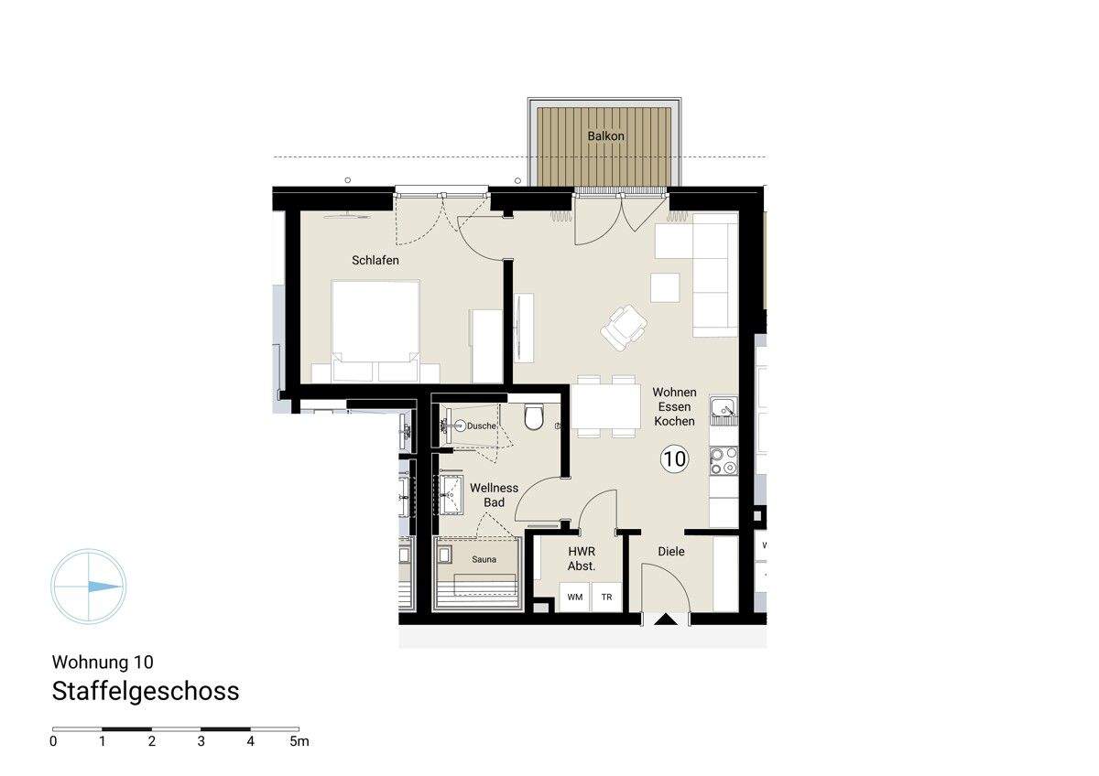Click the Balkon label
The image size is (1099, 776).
606,136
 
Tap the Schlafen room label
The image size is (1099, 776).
375,261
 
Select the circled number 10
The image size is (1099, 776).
674,458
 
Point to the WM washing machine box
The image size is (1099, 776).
575,598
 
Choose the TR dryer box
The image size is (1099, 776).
606,598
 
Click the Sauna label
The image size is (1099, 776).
484,559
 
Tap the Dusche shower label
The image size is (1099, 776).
481,426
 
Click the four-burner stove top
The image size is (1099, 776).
724,460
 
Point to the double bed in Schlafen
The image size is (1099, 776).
375,329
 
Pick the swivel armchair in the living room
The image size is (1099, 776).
625,326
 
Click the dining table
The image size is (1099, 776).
606,406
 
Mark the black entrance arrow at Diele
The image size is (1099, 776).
666,620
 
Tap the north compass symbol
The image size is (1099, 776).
89,587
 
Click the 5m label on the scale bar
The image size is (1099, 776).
299,741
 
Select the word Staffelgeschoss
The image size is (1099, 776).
146,692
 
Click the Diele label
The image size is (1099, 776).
671,552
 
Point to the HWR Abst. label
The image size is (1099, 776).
582,559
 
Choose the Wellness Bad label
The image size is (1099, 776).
494,495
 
